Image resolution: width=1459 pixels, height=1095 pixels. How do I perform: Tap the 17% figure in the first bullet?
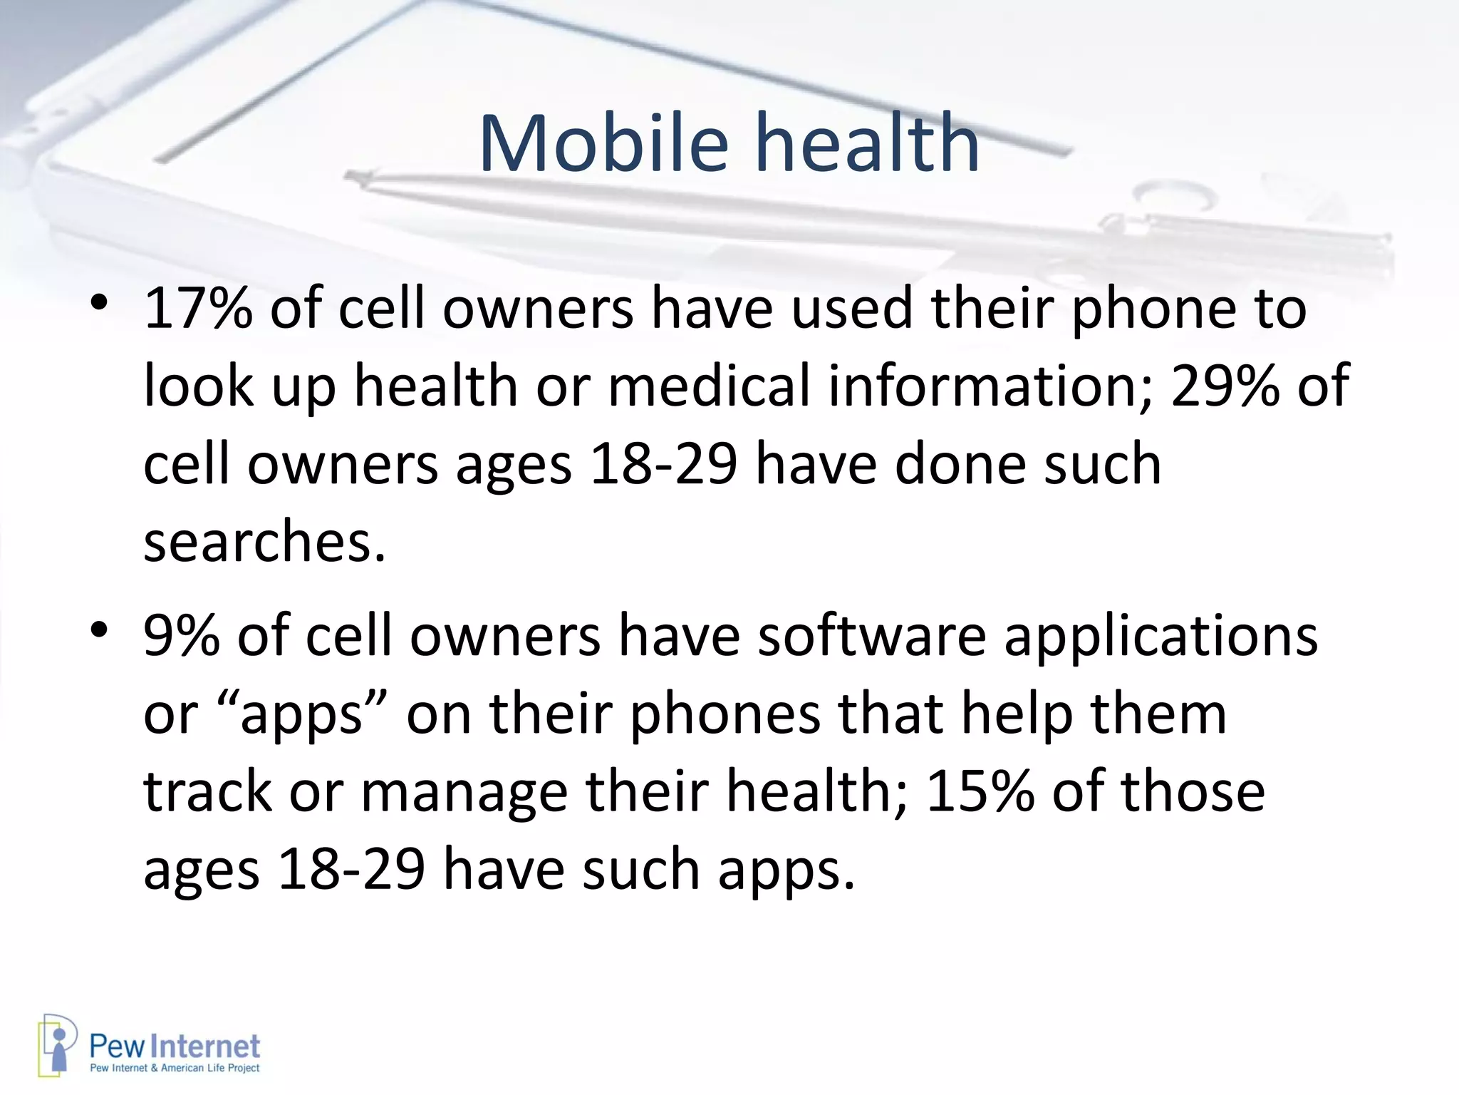[x=198, y=309]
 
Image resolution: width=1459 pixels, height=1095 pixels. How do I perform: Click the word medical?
[x=710, y=386]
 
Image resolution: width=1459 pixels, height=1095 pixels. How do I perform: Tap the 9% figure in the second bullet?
[x=181, y=635]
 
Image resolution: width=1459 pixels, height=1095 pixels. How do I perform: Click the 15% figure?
[x=980, y=791]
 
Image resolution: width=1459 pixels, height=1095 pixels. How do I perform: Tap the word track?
[x=207, y=791]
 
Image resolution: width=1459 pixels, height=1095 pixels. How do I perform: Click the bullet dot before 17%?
[x=99, y=305]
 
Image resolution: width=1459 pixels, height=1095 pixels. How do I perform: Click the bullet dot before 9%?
[x=99, y=630]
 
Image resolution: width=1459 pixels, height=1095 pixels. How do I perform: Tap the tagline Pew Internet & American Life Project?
[x=175, y=1068]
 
